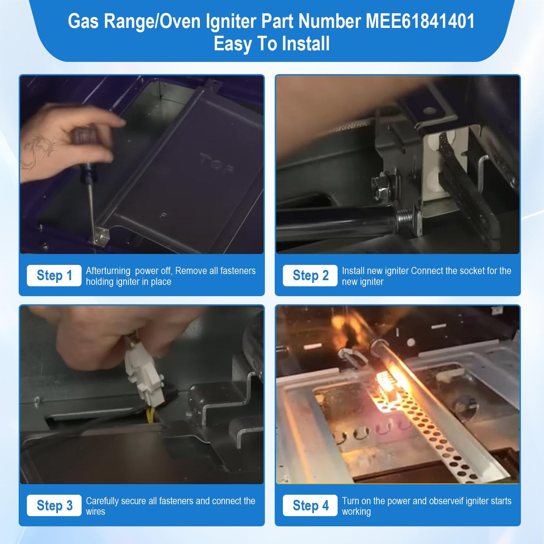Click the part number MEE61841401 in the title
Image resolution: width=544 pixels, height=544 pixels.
pyautogui.click(x=420, y=21)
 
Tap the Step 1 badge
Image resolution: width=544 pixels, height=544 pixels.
pyautogui.click(x=54, y=276)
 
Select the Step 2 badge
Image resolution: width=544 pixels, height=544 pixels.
pyautogui.click(x=310, y=276)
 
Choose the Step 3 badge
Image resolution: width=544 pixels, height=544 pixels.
pyautogui.click(x=54, y=505)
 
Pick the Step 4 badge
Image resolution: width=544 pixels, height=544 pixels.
pyautogui.click(x=310, y=505)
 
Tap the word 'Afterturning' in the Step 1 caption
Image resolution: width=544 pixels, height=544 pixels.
pyautogui.click(x=108, y=271)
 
